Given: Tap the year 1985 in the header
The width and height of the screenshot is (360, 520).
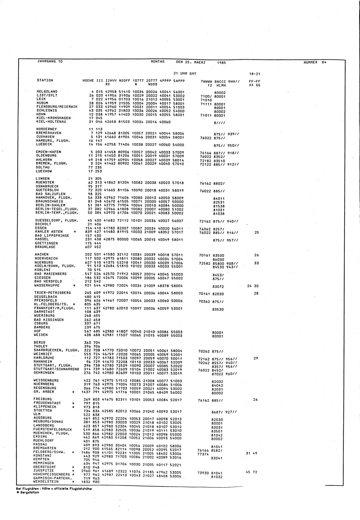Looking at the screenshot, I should [222, 62].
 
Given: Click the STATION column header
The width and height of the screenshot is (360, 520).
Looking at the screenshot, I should [45, 80].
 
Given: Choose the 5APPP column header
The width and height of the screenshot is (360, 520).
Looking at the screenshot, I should [179, 80].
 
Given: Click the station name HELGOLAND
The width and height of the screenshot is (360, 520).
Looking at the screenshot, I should [47, 91].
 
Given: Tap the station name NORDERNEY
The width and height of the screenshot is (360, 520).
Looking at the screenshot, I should [47, 129].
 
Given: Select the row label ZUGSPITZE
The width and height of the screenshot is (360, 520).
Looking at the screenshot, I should [44, 471].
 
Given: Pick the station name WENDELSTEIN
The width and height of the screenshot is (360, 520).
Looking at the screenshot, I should [46, 481].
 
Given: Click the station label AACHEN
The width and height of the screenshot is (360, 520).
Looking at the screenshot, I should [41, 255].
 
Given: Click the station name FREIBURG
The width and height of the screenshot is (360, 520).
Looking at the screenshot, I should [42, 399].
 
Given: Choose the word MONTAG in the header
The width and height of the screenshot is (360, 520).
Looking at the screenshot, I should [157, 62].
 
